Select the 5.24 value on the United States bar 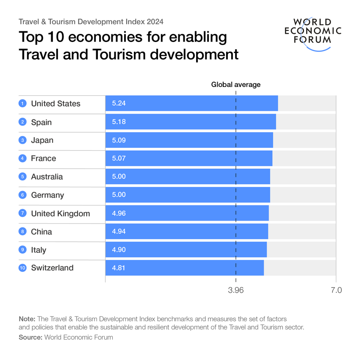(x=119, y=104)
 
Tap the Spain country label (x=41, y=122)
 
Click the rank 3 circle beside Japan (x=22, y=140)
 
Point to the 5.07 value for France (x=119, y=158)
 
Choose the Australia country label (x=47, y=177)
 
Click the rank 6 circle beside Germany (x=22, y=195)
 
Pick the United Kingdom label (x=60, y=213)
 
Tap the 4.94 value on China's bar (x=119, y=232)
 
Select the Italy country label (x=39, y=250)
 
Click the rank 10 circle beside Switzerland (x=22, y=268)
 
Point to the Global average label (x=236, y=85)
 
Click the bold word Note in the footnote (x=27, y=318)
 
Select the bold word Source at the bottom (x=30, y=337)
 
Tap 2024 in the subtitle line (x=155, y=21)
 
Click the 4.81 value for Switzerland (x=119, y=268)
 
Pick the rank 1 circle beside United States (x=22, y=104)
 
